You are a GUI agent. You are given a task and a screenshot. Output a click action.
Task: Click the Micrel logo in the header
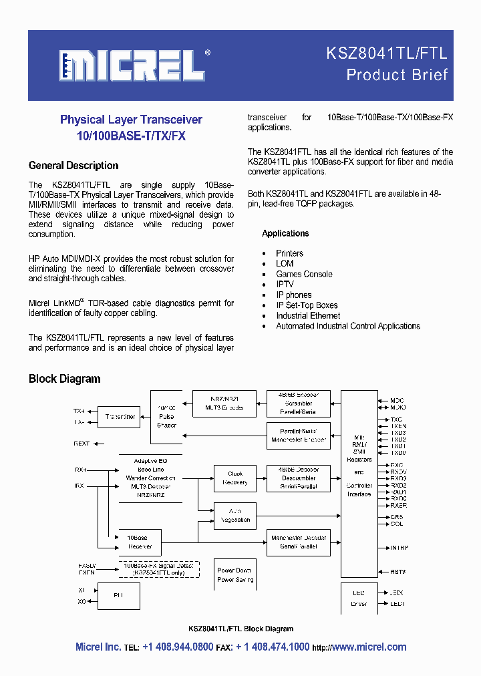point(132,65)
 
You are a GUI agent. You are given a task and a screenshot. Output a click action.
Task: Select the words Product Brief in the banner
point(397,75)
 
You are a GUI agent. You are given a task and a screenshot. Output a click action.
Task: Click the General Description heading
point(73,166)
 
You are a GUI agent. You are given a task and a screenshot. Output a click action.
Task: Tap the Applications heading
point(285,234)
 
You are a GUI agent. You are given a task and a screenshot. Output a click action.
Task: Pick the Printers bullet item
point(289,254)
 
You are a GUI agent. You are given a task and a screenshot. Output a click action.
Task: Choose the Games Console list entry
point(304,275)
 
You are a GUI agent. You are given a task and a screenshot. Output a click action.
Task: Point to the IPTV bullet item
point(285,285)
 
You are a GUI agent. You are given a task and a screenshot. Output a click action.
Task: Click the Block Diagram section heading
point(64,379)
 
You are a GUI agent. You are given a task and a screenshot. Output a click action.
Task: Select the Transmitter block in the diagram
point(120,417)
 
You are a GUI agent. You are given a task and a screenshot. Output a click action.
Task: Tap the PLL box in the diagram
point(119,595)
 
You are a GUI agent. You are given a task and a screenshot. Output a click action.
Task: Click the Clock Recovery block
point(234,478)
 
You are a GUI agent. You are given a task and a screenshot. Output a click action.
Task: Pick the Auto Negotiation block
point(234,516)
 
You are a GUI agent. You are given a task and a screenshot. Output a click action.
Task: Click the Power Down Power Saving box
point(234,575)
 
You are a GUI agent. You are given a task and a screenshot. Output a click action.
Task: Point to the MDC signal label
point(397,401)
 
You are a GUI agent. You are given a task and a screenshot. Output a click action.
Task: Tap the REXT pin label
point(82,444)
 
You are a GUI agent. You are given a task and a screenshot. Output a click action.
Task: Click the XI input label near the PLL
point(82,590)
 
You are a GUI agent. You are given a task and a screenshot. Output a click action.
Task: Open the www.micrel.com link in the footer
point(369,647)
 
